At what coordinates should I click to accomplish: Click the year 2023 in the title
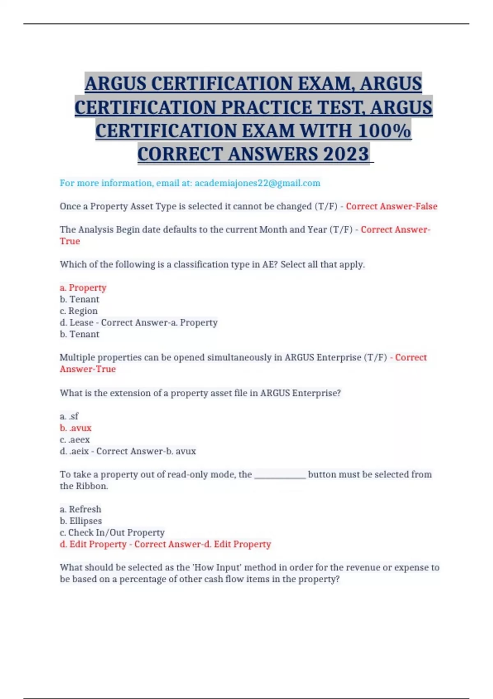click(346, 154)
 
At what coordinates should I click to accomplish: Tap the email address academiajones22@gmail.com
click(257, 183)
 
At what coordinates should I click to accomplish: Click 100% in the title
click(384, 131)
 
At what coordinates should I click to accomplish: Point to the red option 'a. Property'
click(83, 287)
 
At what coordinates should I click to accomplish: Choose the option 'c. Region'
click(78, 311)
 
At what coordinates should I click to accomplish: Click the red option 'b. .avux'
click(76, 428)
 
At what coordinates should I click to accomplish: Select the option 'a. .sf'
click(69, 416)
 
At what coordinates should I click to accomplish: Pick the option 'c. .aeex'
click(75, 440)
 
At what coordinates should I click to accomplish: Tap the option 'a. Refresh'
click(81, 509)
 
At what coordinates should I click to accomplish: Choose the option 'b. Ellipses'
click(81, 521)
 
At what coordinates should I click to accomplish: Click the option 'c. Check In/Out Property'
click(112, 532)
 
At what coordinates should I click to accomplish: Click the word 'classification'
click(203, 264)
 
